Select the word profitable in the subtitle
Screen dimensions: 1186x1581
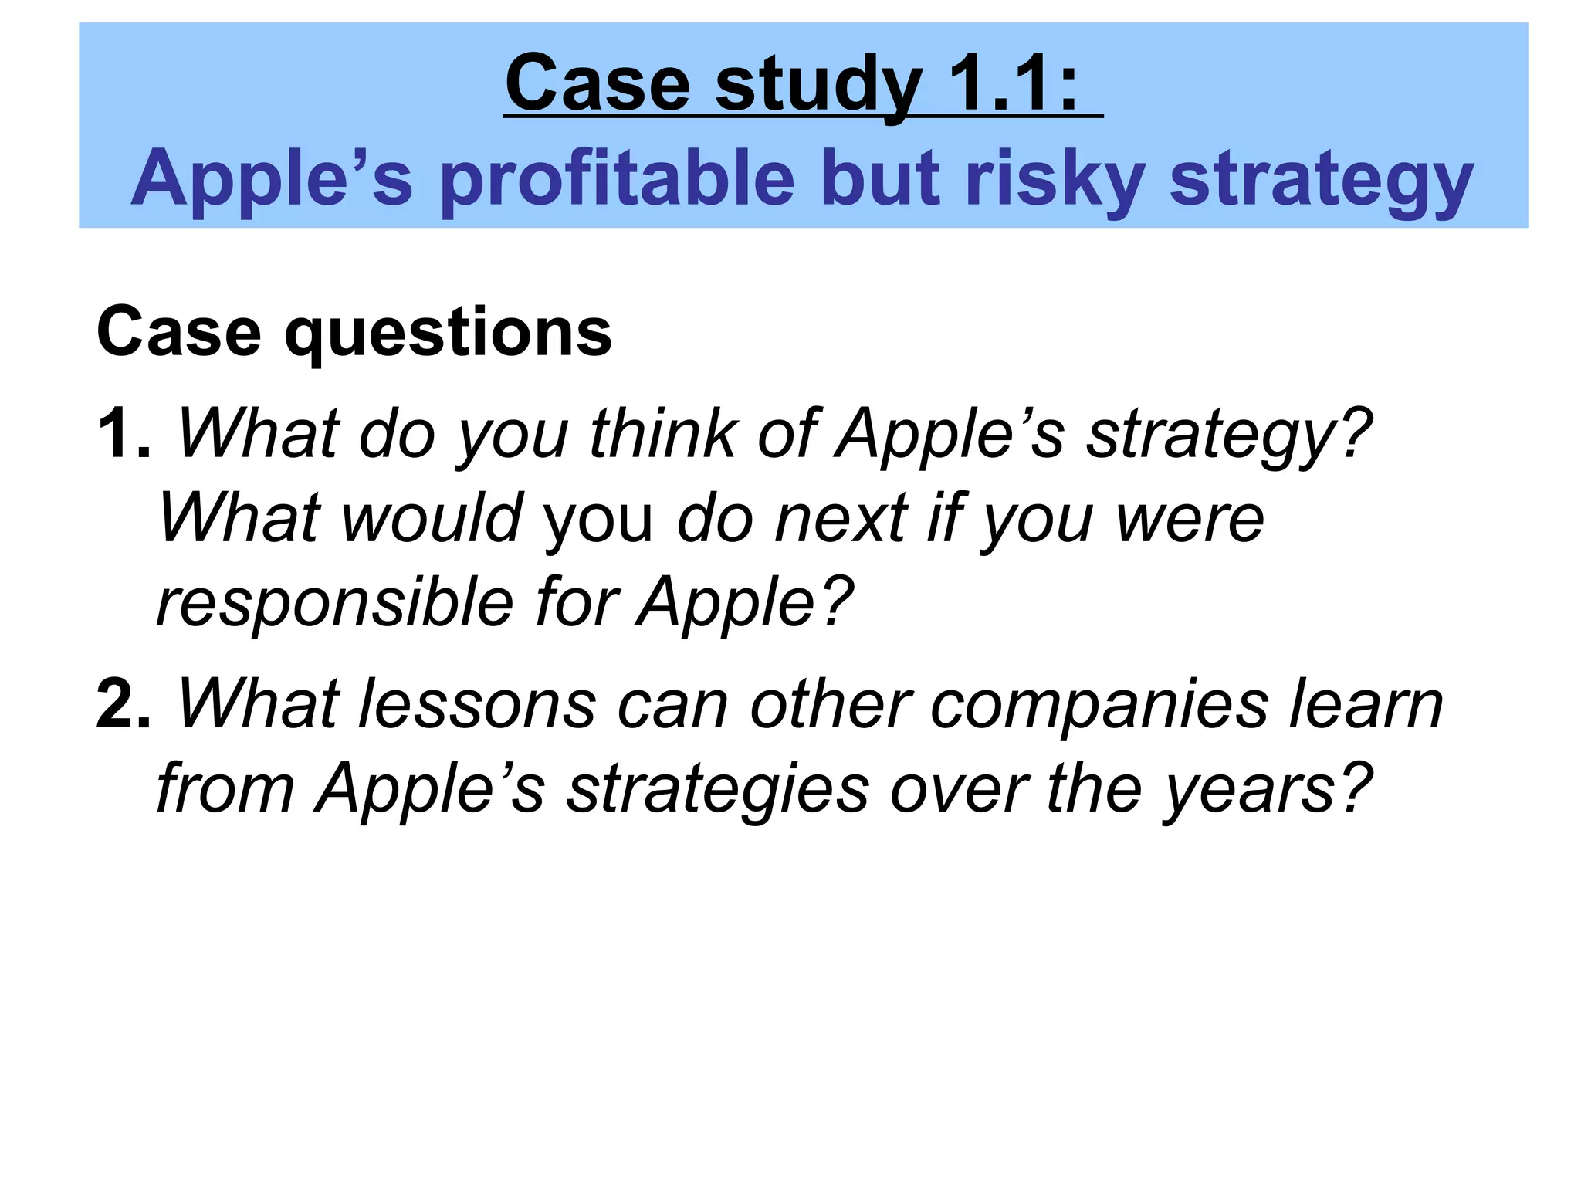(x=618, y=179)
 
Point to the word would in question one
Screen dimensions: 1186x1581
(x=432, y=519)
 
